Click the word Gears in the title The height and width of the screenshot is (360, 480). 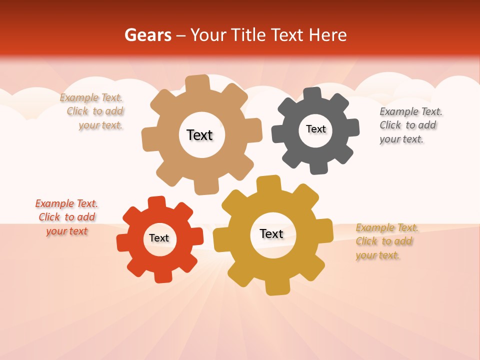147,35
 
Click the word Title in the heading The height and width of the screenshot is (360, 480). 250,35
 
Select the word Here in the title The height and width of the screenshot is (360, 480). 327,35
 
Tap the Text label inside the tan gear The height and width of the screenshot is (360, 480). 199,135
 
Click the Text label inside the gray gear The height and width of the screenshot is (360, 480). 315,129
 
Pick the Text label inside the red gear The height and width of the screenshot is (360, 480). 159,238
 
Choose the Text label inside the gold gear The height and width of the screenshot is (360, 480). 271,233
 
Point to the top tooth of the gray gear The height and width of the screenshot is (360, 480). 312,94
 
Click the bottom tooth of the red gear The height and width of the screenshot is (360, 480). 162,276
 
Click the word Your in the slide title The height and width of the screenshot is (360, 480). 206,35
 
